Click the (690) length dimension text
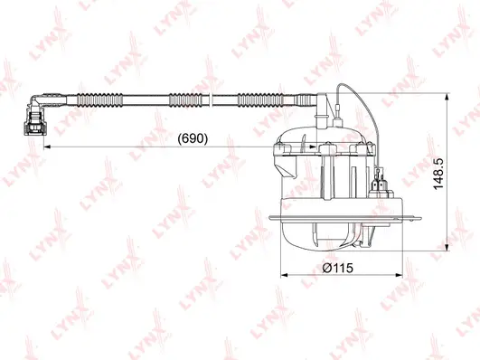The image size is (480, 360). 191,139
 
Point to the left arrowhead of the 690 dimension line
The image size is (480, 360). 47,147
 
